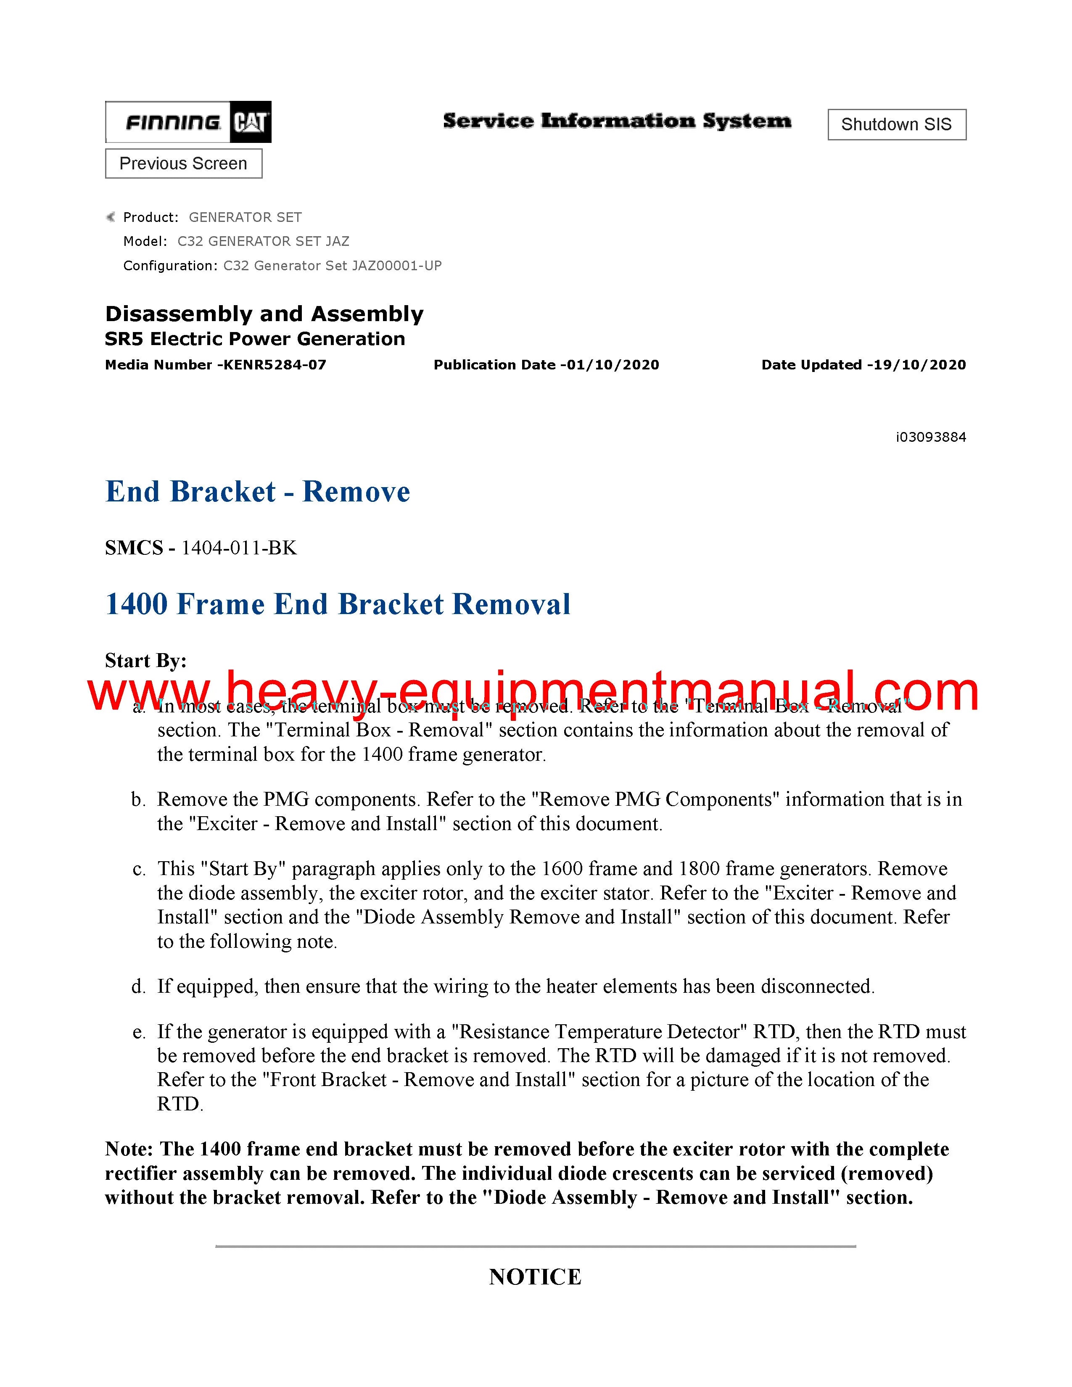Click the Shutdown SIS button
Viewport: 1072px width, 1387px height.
point(896,124)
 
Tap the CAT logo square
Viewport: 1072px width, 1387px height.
point(250,122)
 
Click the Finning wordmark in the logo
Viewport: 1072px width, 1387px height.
point(173,122)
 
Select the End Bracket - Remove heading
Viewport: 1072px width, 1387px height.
point(257,492)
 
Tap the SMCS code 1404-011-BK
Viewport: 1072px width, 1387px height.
point(239,547)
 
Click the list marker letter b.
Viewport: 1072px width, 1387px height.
point(138,799)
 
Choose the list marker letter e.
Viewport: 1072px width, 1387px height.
point(138,1032)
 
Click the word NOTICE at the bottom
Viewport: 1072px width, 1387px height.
point(535,1277)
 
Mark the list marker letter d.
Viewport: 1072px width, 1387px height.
point(138,986)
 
